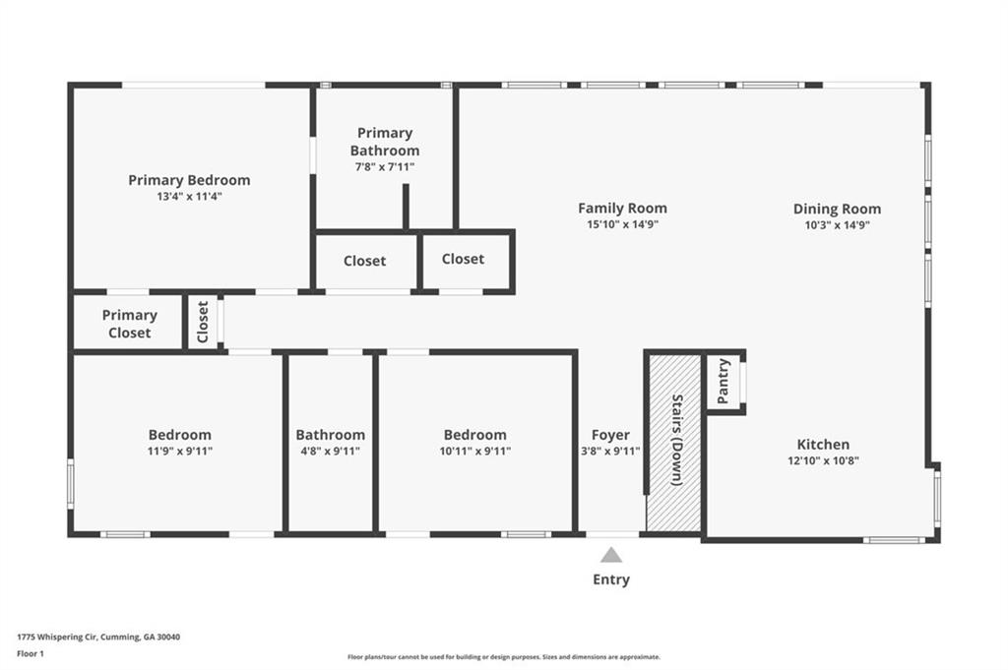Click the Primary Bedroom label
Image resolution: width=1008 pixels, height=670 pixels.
click(189, 180)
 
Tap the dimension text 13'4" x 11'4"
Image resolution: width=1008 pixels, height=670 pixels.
click(189, 197)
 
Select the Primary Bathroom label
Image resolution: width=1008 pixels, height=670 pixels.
click(385, 142)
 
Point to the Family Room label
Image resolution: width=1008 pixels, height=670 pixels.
click(622, 209)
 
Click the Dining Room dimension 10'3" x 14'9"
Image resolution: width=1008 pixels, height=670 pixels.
click(837, 225)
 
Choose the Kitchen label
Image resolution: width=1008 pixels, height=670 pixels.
click(823, 444)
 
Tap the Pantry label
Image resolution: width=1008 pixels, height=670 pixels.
click(723, 381)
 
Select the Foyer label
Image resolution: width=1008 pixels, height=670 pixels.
click(610, 435)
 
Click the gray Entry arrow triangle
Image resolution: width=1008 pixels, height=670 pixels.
click(611, 555)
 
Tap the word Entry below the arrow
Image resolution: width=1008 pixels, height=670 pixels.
click(611, 579)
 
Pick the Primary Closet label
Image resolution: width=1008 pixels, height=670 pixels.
click(129, 324)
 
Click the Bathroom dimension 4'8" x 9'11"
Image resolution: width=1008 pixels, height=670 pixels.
click(331, 451)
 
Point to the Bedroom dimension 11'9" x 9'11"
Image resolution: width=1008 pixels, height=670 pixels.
click(180, 451)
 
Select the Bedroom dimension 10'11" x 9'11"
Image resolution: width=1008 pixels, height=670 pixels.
click(475, 451)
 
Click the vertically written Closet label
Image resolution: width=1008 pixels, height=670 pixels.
click(203, 322)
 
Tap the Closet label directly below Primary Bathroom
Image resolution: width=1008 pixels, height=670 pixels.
click(364, 261)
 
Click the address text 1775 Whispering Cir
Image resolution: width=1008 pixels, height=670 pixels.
click(56, 638)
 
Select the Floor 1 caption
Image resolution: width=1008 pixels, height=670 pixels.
click(31, 654)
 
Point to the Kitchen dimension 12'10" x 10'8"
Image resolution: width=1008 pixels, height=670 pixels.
click(824, 460)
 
